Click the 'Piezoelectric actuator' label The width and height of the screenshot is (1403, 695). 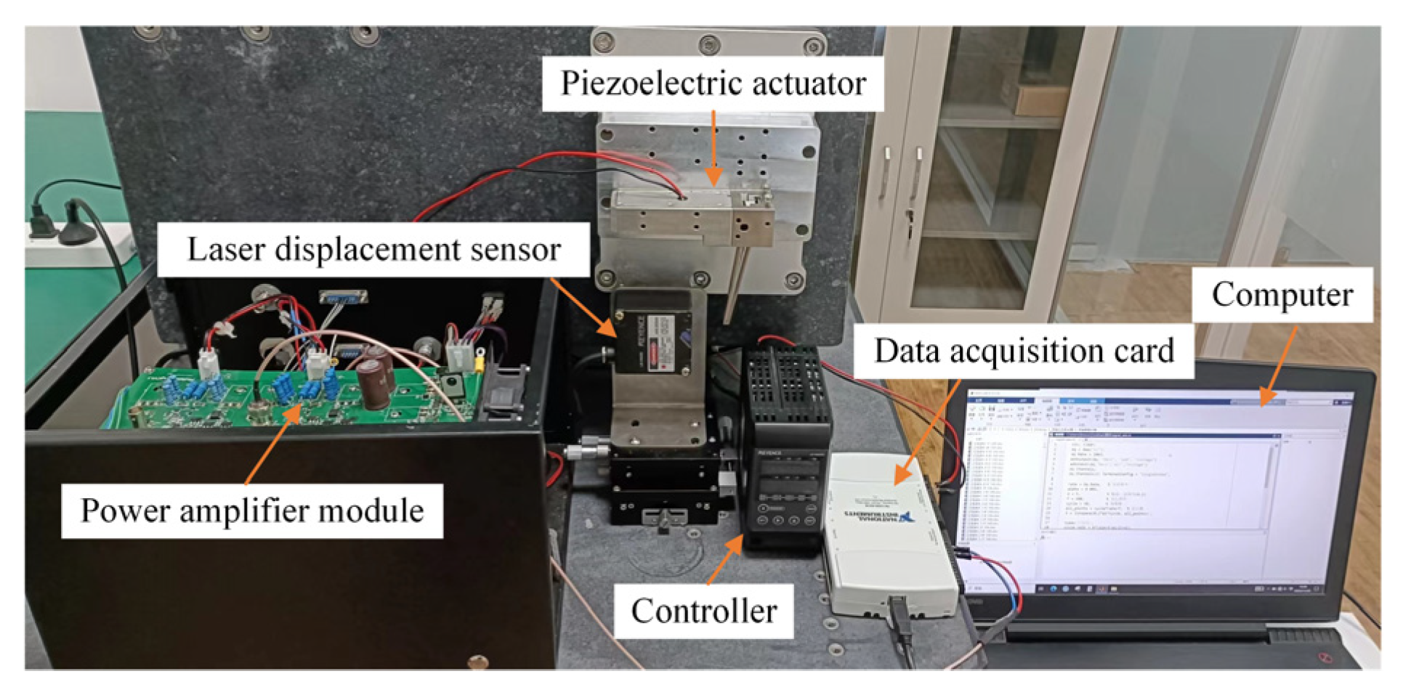[713, 84]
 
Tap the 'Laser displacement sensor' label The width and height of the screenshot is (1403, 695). [373, 250]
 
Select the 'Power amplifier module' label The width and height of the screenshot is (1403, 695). [251, 511]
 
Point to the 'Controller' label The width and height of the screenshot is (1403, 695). [703, 611]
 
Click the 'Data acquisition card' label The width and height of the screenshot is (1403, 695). [1023, 351]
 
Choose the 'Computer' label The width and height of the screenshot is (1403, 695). [1282, 295]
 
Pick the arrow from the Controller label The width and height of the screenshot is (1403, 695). [724, 559]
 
